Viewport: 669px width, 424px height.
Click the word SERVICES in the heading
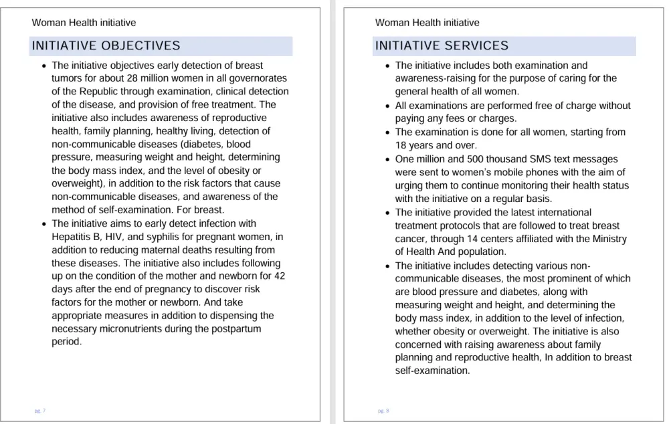tap(475, 46)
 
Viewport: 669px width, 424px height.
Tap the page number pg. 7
tap(40, 411)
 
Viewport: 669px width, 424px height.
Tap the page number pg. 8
tap(383, 411)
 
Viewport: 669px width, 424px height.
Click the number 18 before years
tap(401, 146)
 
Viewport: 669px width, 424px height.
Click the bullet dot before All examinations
tap(388, 106)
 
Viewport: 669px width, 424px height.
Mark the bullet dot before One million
tap(388, 160)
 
